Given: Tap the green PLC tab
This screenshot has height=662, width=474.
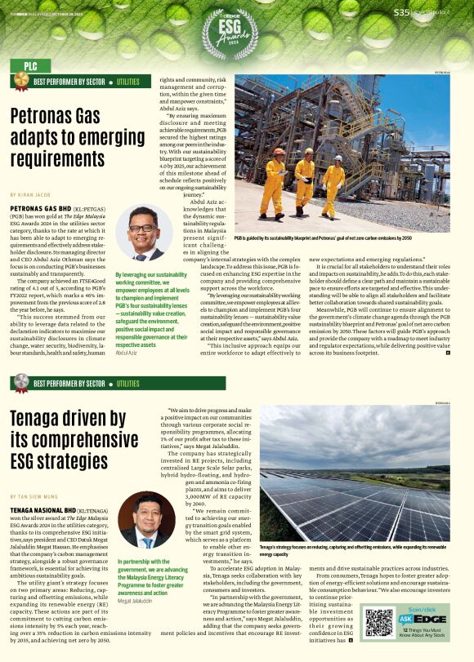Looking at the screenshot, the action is click(x=31, y=65).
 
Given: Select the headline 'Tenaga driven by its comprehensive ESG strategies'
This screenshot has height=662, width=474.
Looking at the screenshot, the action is click(x=69, y=441).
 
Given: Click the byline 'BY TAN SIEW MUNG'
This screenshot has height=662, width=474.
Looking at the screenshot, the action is click(x=34, y=496).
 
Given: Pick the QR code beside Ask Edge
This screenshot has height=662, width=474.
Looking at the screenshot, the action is click(x=379, y=622).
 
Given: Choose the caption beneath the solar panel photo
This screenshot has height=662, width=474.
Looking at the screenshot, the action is click(x=353, y=550).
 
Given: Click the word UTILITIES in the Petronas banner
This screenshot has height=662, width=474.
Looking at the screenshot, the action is click(x=127, y=82).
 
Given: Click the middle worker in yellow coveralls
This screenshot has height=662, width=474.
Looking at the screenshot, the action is click(x=306, y=176).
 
